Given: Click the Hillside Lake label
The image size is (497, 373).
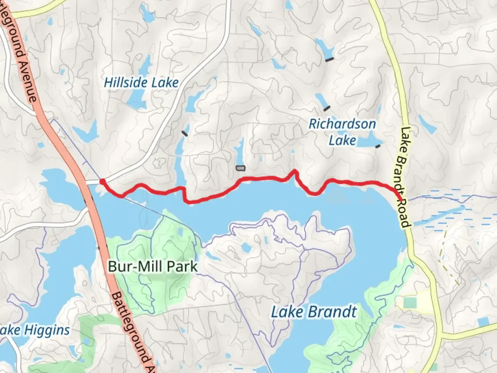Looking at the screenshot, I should pos(141,83).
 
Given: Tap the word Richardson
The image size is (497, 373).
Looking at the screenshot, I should pos(342,124).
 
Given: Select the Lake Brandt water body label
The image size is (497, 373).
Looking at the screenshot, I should pos(313,312).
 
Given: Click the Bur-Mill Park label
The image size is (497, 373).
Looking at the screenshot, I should pos(153,266).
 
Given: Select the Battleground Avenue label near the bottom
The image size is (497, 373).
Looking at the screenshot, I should pos(135,332).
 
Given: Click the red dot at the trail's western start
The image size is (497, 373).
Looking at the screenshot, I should pos(103,181).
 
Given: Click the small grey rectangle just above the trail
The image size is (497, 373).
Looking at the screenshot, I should pos(241,168).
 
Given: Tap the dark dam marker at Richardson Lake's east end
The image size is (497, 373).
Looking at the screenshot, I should pos(378,146).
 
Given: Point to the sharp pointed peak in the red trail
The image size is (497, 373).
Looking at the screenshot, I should pos(294,171).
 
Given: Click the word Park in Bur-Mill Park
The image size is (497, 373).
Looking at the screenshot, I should pos(182,266).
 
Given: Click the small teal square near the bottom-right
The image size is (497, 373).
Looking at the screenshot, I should pos(410,303).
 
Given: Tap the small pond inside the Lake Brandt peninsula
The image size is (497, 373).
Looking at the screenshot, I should pos(246,247).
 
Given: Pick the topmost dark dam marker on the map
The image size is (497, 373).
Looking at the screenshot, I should pos(330,60).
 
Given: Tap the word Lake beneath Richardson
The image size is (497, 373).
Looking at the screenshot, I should pos(342,141).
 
